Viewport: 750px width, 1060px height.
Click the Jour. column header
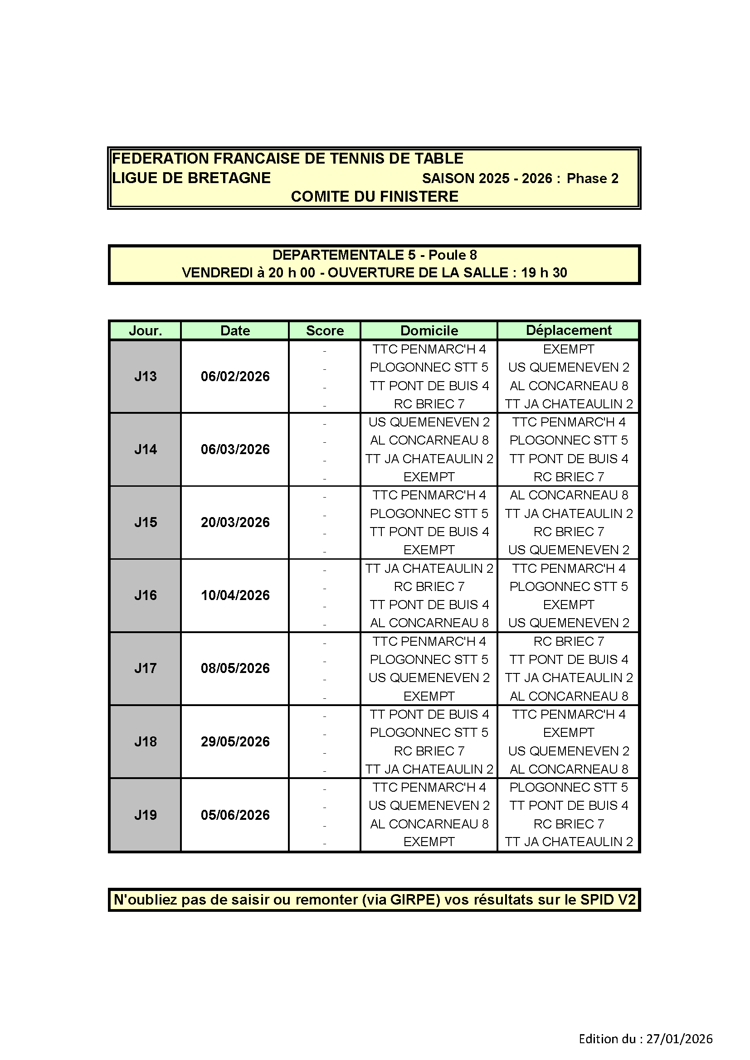pyautogui.click(x=145, y=330)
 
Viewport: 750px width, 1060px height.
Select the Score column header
pyautogui.click(x=325, y=330)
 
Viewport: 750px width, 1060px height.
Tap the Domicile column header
pyautogui.click(x=429, y=330)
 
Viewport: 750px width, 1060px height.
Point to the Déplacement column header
pyautogui.click(x=569, y=330)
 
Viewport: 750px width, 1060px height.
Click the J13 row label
pyautogui.click(x=146, y=376)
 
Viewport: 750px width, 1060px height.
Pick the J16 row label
pyautogui.click(x=146, y=595)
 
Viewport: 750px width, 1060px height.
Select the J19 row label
pyautogui.click(x=146, y=815)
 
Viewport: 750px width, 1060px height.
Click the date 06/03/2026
pyautogui.click(x=235, y=449)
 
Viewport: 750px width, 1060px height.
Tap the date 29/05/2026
pyautogui.click(x=235, y=741)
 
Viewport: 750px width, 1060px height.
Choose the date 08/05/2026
pyautogui.click(x=235, y=668)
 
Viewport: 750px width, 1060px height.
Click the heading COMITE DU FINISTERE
pyautogui.click(x=375, y=197)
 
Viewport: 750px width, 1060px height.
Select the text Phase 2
pyautogui.click(x=593, y=179)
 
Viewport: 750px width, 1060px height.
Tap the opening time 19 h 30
pyautogui.click(x=544, y=273)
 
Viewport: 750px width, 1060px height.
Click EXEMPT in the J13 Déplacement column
pyautogui.click(x=569, y=349)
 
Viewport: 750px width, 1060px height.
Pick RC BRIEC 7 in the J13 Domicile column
pyautogui.click(x=429, y=404)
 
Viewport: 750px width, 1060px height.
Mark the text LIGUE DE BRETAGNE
pyautogui.click(x=191, y=178)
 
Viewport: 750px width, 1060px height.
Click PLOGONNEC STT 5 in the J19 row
pyautogui.click(x=569, y=787)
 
